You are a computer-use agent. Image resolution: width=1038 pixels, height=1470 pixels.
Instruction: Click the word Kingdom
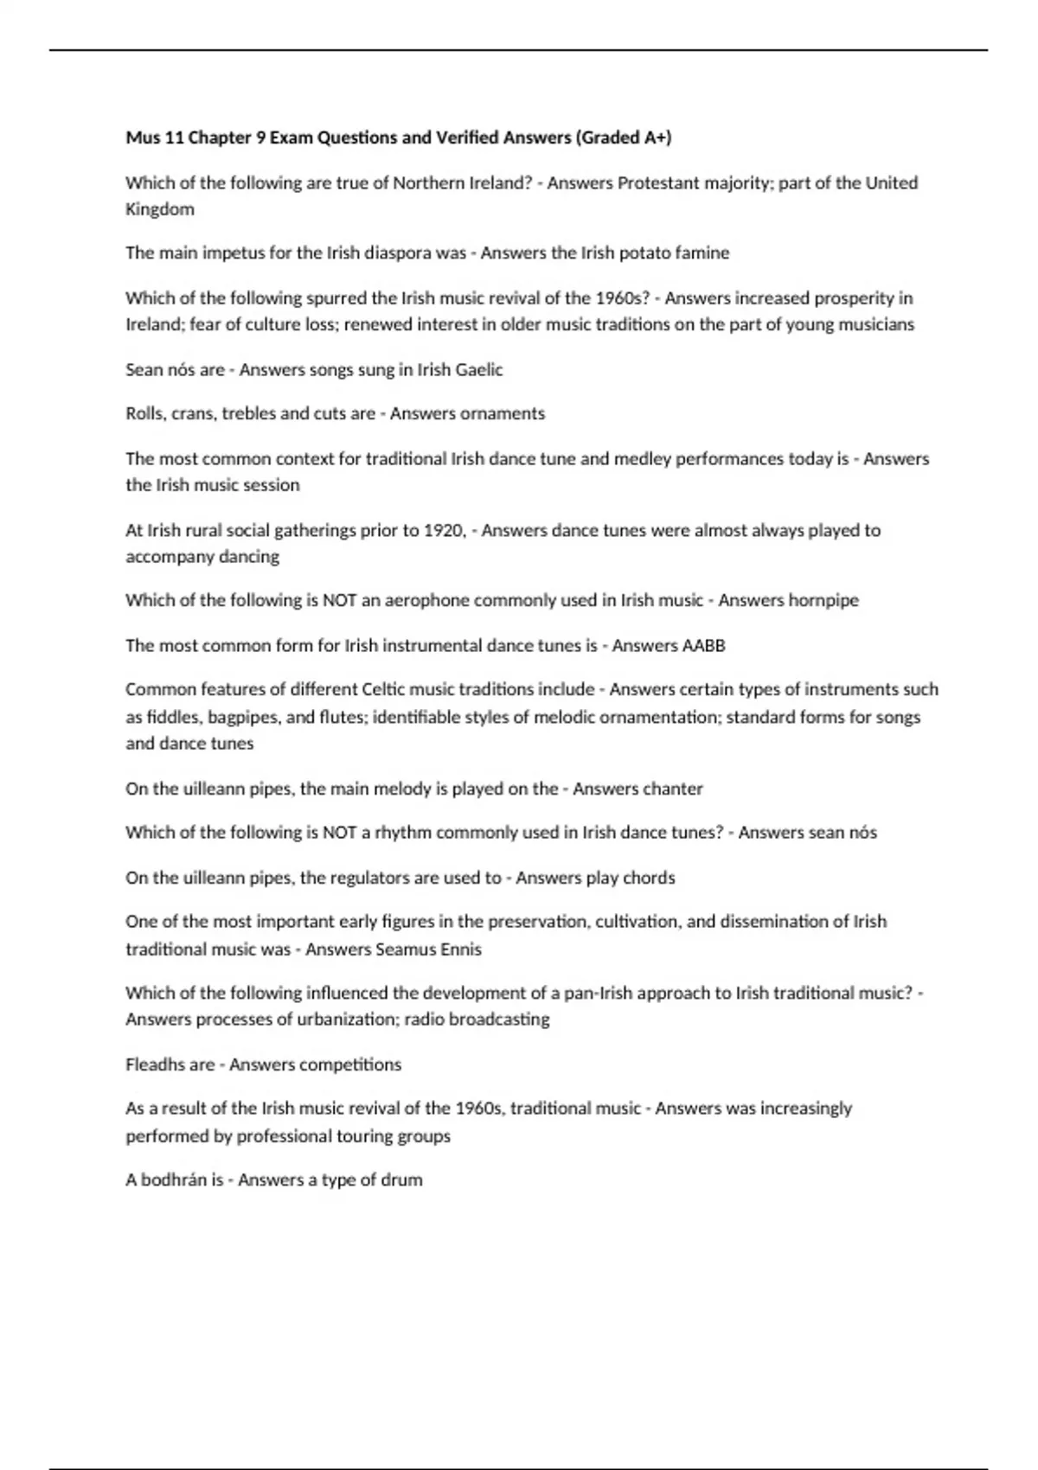[160, 209]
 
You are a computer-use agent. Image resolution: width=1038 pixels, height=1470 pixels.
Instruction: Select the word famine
[701, 253]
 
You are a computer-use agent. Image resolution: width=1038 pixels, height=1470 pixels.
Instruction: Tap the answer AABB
[704, 646]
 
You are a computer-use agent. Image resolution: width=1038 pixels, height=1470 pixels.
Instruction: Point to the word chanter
[670, 789]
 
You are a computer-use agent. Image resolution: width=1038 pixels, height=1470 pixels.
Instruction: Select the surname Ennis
[458, 949]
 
